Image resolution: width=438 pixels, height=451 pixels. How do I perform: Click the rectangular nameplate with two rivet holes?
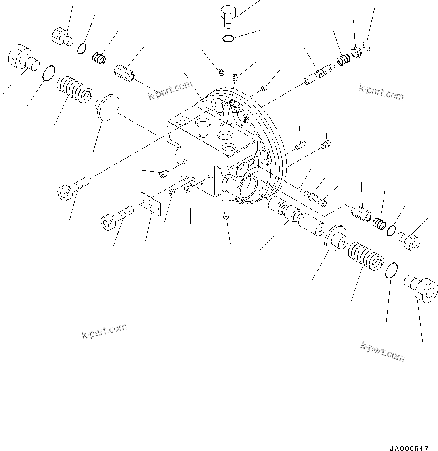(151, 204)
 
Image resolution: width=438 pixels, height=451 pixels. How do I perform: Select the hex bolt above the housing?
(228, 16)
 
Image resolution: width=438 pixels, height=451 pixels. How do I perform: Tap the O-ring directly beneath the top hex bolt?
(228, 38)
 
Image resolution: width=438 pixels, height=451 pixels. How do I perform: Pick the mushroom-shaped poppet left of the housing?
(107, 107)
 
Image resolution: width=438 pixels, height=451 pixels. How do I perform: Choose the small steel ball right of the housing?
(298, 190)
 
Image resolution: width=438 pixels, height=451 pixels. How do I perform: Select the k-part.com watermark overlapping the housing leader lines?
(170, 91)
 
